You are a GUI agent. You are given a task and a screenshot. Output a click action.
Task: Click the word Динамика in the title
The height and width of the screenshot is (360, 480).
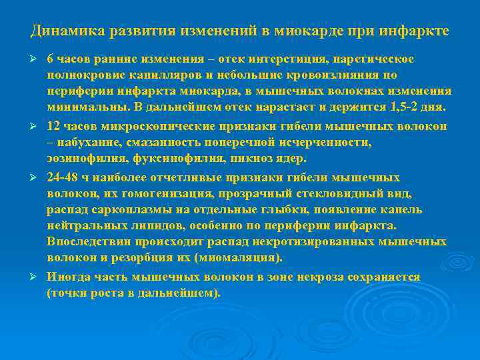pyautogui.click(x=61, y=31)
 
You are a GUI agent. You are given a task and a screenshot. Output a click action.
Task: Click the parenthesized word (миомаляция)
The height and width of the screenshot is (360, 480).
pyautogui.click(x=238, y=258)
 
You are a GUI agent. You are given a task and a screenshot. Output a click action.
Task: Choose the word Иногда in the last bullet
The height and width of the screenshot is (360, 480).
pyautogui.click(x=67, y=277)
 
